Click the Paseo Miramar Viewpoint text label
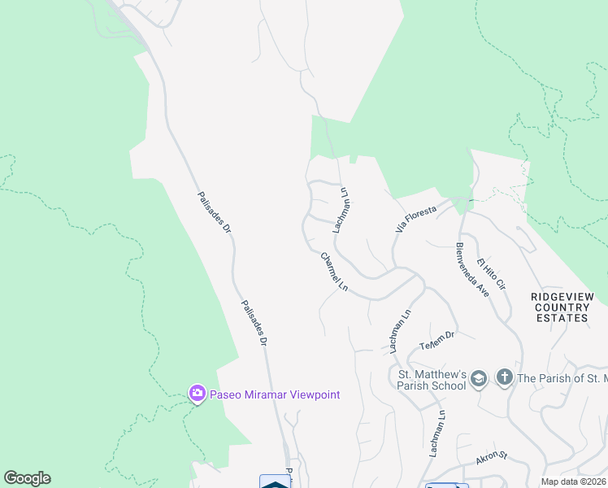pyautogui.click(x=275, y=395)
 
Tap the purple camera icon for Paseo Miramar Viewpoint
pyautogui.click(x=197, y=394)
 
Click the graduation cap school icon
pyautogui.click(x=480, y=377)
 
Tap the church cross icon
pyautogui.click(x=504, y=377)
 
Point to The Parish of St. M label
pyautogui.click(x=562, y=378)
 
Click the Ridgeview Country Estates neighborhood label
pyautogui.click(x=562, y=307)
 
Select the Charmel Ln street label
pyautogui.click(x=333, y=272)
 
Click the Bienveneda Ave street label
pyautogui.click(x=471, y=269)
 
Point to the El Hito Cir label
pyautogui.click(x=492, y=274)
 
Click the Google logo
pyautogui.click(x=27, y=478)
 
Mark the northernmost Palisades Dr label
pyautogui.click(x=215, y=214)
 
